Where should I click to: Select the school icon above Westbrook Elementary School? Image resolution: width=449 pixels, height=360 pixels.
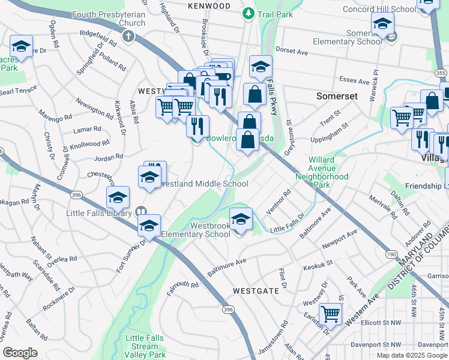[241, 220]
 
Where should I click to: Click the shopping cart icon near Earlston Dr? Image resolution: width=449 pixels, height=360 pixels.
[331, 313]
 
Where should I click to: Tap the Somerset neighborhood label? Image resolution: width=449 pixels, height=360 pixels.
[337, 96]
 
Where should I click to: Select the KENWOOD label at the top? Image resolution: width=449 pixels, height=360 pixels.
[209, 5]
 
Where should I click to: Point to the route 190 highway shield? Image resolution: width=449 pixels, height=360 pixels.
[391, 254]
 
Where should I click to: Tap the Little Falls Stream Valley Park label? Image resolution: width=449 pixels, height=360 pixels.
[146, 347]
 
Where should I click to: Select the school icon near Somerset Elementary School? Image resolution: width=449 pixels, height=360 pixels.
[382, 24]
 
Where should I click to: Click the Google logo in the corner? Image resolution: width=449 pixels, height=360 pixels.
[20, 352]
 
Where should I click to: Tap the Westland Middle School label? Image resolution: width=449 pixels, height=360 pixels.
[204, 184]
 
